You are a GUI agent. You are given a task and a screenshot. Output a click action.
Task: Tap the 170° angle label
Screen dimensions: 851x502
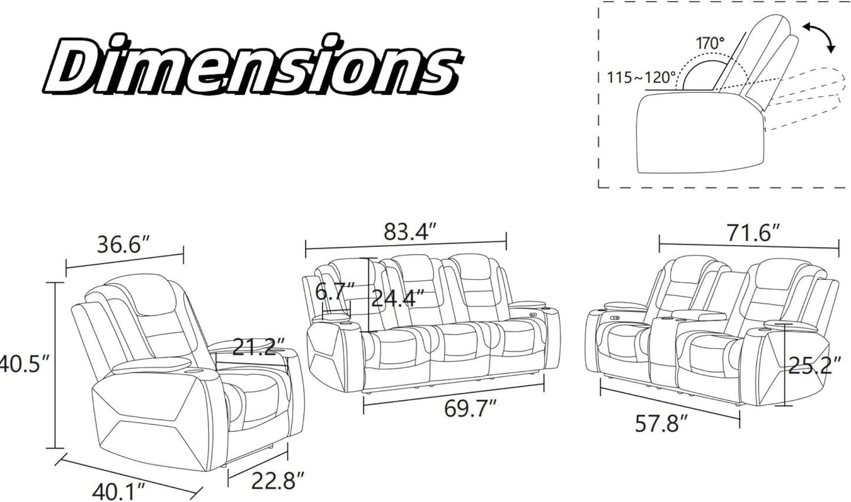[x=710, y=44]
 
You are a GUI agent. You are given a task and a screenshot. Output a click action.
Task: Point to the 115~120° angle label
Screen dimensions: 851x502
[x=641, y=78]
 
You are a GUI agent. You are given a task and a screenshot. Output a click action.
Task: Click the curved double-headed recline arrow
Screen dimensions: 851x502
[x=820, y=41]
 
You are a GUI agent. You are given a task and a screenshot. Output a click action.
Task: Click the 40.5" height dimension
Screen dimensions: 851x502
[x=24, y=365]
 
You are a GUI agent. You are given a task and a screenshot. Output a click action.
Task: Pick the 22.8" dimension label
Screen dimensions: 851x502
[x=279, y=480]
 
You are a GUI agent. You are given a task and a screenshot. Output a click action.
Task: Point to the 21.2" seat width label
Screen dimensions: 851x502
[x=259, y=346]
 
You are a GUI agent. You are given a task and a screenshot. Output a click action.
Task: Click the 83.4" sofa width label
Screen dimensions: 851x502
[x=410, y=232]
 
